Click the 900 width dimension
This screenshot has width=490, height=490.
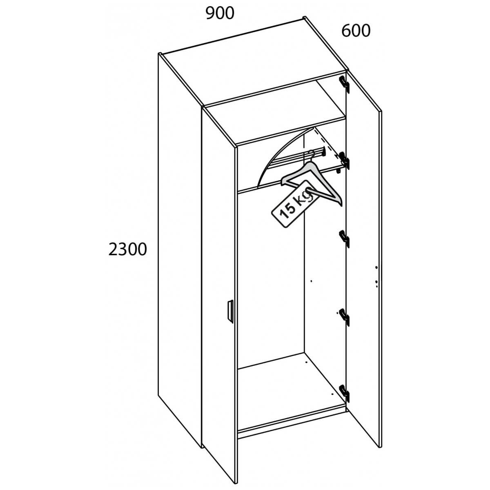(x=220, y=13)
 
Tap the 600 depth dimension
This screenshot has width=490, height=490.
(x=356, y=31)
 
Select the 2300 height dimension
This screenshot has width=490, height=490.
(x=127, y=249)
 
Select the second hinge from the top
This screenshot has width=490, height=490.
(x=345, y=160)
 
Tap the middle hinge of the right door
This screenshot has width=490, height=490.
(x=345, y=239)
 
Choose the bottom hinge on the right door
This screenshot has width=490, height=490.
(x=345, y=393)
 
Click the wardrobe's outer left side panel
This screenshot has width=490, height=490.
(x=180, y=245)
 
